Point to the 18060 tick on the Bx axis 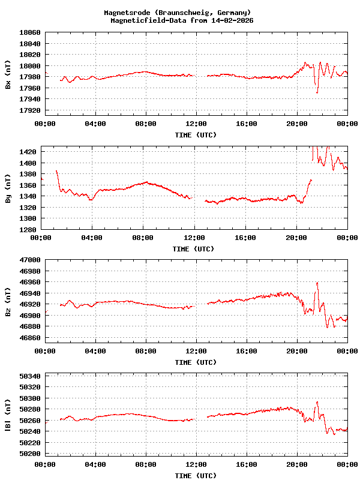tap(30, 32)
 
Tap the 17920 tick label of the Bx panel tap(30, 110)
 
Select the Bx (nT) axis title tap(8, 74)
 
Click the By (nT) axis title tap(8, 188)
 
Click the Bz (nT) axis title tap(8, 302)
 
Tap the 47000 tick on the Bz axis tap(30, 260)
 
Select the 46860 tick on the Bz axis tap(30, 338)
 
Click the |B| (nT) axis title tap(8, 416)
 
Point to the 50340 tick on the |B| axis tap(30, 376)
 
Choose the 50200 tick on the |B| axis tap(30, 454)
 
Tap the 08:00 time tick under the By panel tap(142, 238)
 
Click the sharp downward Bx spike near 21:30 tap(317, 92)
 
